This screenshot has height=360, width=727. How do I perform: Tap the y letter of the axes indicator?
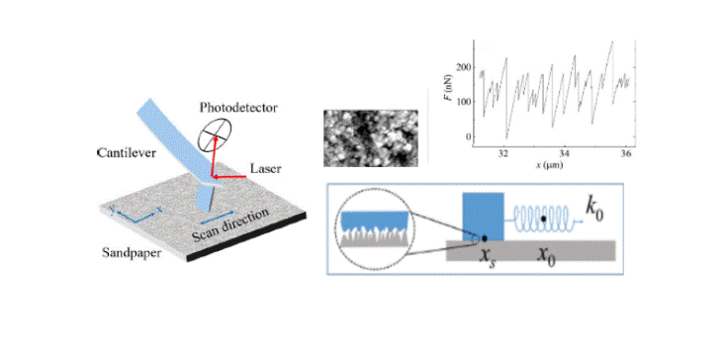click(x=113, y=209)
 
